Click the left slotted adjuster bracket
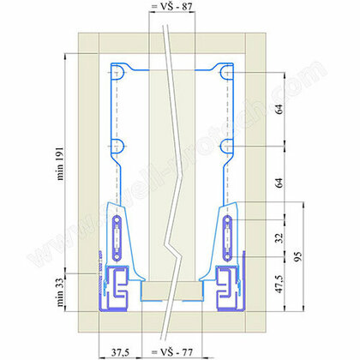pyautogui.click(x=117, y=231)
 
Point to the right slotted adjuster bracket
pyautogui.click(x=226, y=231)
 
